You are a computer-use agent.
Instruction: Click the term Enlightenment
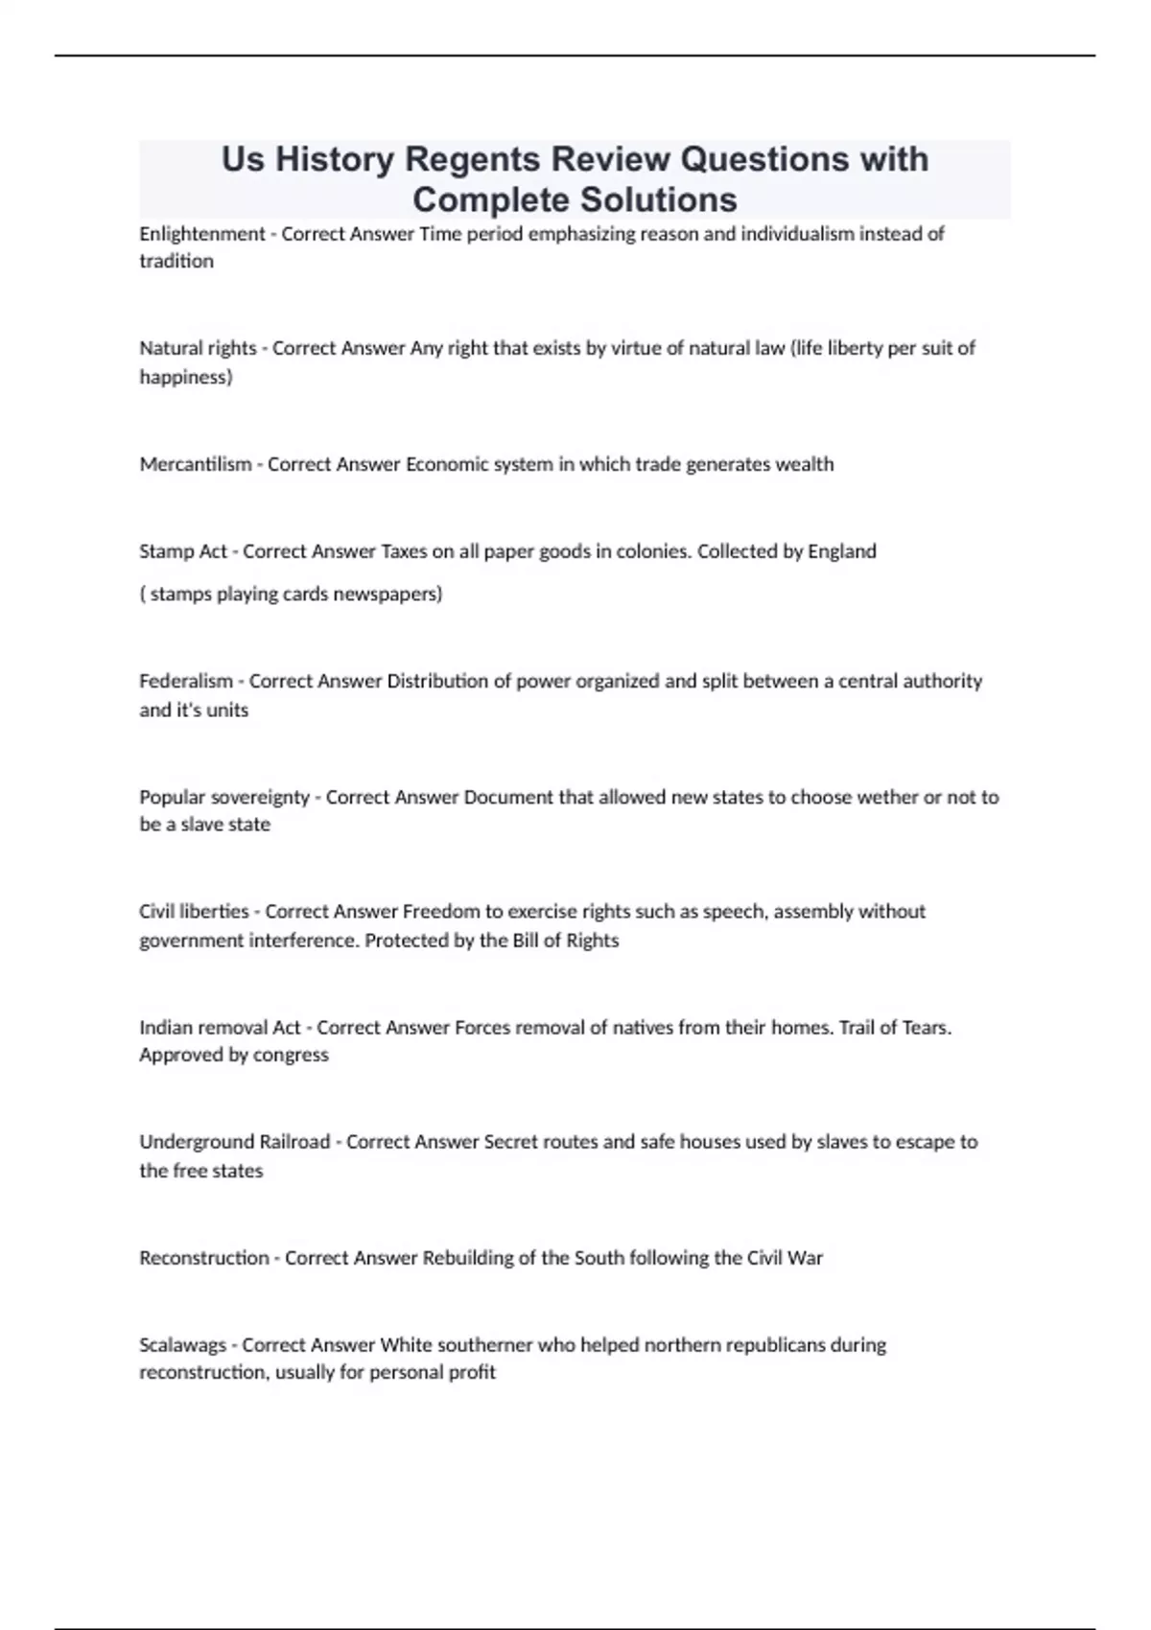[202, 234]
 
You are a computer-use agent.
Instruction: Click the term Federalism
[186, 681]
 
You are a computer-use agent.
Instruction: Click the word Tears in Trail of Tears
[925, 1027]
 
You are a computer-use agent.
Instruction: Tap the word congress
[291, 1055]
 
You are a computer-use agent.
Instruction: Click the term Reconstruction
[204, 1257]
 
